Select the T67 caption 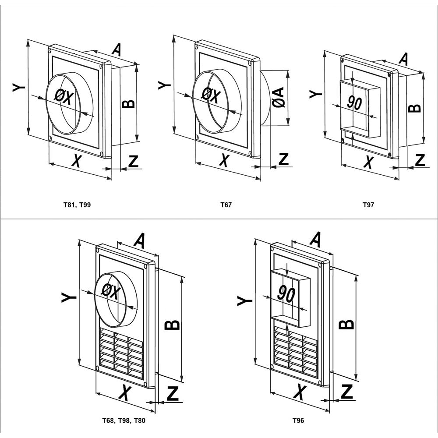coord(226,205)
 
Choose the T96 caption coord(298,421)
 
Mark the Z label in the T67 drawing coord(284,159)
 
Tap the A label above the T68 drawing coord(139,241)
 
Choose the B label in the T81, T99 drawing coord(128,103)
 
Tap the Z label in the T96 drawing coord(347,391)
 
